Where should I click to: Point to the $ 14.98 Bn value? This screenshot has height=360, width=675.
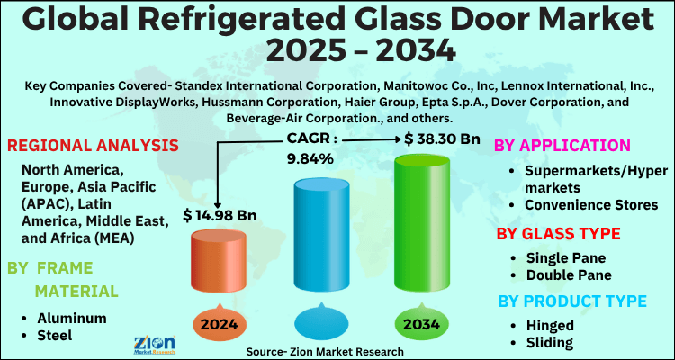219,215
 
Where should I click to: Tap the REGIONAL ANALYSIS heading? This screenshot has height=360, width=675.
92,146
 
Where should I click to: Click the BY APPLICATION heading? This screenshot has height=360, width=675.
563,145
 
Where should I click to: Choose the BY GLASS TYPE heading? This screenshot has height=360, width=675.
560,234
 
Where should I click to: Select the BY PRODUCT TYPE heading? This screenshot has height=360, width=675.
571,300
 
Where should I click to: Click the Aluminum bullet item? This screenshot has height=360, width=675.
72,318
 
